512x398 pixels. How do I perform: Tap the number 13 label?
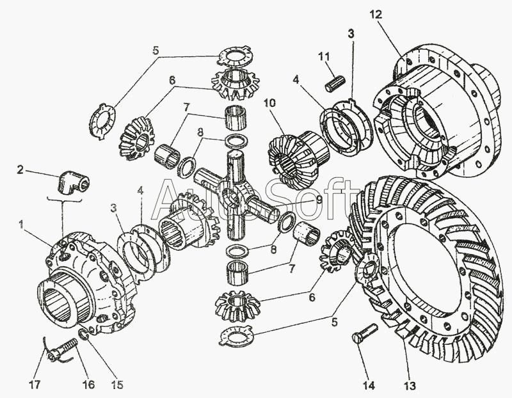click(x=410, y=385)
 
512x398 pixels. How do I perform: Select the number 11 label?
click(x=324, y=57)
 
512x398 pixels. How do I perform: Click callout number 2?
click(x=21, y=170)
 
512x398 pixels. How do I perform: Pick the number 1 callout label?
click(x=22, y=225)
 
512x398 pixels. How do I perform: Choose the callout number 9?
click(x=318, y=200)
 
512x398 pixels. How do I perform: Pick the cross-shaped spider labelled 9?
click(x=234, y=192)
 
